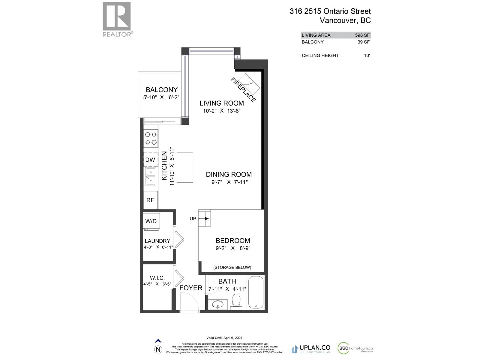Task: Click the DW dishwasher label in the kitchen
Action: point(150,160)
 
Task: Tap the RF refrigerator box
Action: point(150,200)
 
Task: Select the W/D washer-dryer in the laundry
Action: point(151,221)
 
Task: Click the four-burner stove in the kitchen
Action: point(151,138)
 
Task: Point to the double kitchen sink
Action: point(151,176)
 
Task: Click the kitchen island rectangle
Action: point(185,167)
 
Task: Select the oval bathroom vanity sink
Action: point(216,304)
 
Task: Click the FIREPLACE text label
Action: point(243,90)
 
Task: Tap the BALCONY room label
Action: point(161,90)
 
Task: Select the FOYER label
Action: point(191,288)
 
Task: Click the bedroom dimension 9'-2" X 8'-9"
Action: point(233,248)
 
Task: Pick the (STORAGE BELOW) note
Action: point(232,267)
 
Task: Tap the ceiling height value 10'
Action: point(367,55)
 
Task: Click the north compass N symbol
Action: point(158,349)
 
